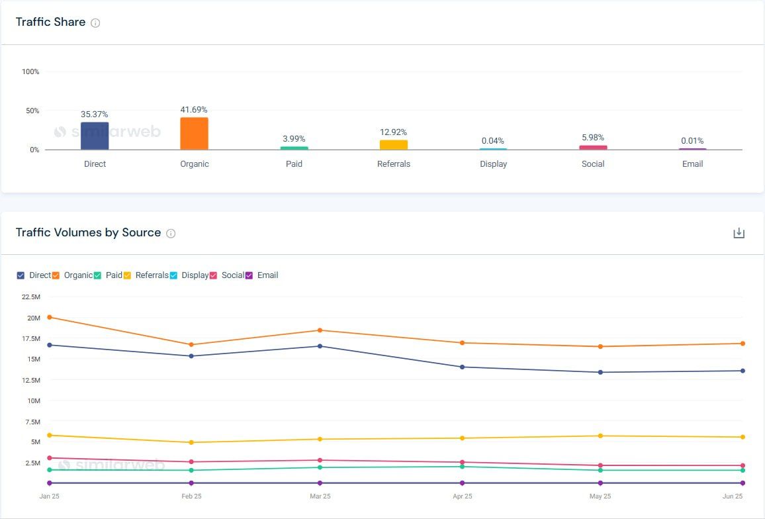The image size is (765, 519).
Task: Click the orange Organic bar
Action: coord(194,134)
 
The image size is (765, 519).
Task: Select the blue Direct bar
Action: coord(95,136)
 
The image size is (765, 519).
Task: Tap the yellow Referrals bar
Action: coord(394,144)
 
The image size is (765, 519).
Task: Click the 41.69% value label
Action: coord(194,110)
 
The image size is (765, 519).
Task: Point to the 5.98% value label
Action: coord(593,138)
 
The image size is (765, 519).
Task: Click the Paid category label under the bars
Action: coord(294,164)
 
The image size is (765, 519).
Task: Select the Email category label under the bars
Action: coord(692,164)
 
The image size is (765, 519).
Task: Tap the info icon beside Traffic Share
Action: coord(95,23)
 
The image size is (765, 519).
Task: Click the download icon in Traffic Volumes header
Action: coord(739,233)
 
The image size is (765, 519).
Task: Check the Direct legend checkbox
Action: coord(21,275)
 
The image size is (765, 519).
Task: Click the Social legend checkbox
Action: coord(214,275)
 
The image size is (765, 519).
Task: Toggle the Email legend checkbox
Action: coord(249,275)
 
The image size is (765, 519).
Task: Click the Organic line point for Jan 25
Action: coord(50,317)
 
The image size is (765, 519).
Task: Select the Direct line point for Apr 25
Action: coord(463,367)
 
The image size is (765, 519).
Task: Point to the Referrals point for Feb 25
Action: coord(191,442)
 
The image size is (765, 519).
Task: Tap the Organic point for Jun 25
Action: coord(742,344)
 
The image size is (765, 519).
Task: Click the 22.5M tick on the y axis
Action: coord(31,297)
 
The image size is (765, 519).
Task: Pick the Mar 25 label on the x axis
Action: coord(320,496)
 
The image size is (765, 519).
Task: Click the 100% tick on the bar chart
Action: coord(30,71)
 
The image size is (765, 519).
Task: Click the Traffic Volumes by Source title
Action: coord(88,232)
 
